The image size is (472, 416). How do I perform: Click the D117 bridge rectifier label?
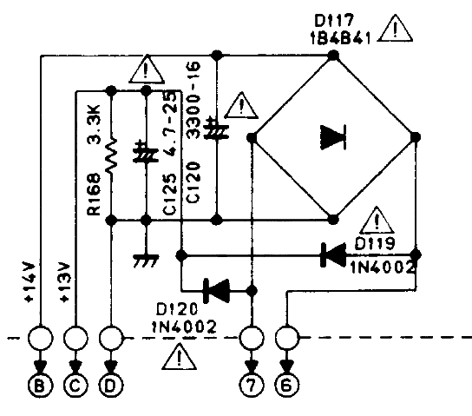pyautogui.click(x=333, y=21)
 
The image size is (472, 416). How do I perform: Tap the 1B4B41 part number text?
pyautogui.click(x=340, y=38)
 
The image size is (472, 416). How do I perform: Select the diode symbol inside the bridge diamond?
pyautogui.click(x=333, y=137)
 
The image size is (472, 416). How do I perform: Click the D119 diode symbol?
pyautogui.click(x=332, y=255)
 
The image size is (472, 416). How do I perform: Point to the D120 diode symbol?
pyautogui.click(x=216, y=291)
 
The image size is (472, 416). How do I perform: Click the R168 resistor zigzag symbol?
pyautogui.click(x=111, y=156)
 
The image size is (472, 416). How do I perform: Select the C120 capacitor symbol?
pyautogui.click(x=216, y=129)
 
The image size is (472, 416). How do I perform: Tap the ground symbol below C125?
pyautogui.click(x=146, y=261)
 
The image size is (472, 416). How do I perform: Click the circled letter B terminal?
pyautogui.click(x=40, y=386)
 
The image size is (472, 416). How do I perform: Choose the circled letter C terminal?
pyautogui.click(x=75, y=386)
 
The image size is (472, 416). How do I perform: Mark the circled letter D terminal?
pyautogui.click(x=111, y=386)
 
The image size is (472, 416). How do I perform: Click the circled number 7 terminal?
pyautogui.click(x=252, y=386)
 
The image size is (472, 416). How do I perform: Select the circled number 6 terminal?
pyautogui.click(x=287, y=386)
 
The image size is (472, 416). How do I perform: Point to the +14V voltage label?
pyautogui.click(x=31, y=283)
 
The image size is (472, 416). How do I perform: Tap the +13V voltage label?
pyautogui.click(x=66, y=283)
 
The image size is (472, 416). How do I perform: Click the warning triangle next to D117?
pyautogui.click(x=395, y=28)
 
